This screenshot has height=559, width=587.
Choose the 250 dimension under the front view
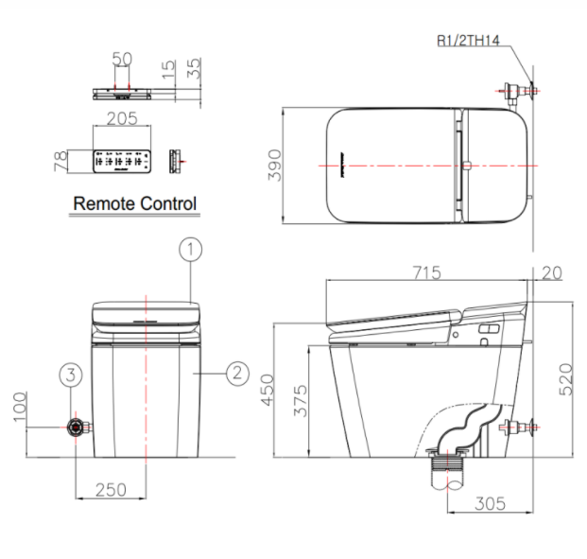pos(110,489)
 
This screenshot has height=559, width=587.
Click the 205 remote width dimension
pos(123,118)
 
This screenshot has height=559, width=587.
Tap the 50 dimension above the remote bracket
pos(122,59)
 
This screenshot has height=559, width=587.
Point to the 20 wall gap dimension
pos(552,273)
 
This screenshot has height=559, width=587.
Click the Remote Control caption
pos(134,203)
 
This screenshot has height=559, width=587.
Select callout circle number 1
pos(190,250)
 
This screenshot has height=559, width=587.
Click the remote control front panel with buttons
pos(123,162)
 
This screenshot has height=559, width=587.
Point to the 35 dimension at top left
pos(193,68)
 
